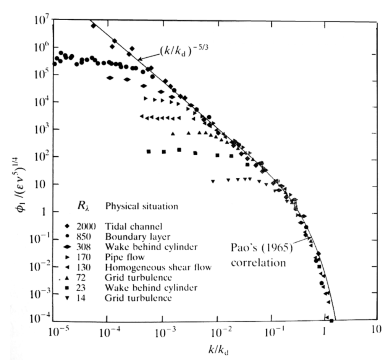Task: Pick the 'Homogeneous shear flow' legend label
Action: pyautogui.click(x=158, y=267)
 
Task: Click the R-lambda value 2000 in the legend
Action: pyautogui.click(x=88, y=227)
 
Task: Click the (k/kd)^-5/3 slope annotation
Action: pyautogui.click(x=179, y=50)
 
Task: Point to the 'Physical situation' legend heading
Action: pyautogui.click(x=142, y=207)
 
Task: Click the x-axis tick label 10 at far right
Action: pyautogui.click(x=377, y=330)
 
